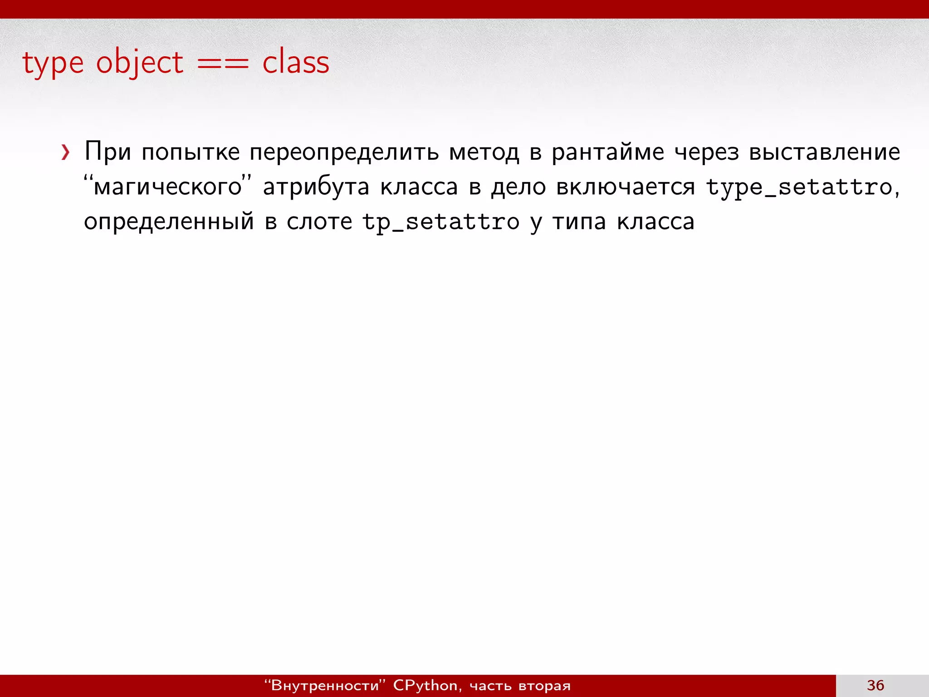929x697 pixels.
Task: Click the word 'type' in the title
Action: pyautogui.click(x=53, y=64)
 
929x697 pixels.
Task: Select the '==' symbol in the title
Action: pyautogui.click(x=223, y=64)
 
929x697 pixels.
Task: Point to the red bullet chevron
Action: pyautogui.click(x=65, y=152)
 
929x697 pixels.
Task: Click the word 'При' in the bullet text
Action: pyautogui.click(x=108, y=152)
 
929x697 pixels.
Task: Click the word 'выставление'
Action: pyautogui.click(x=824, y=152)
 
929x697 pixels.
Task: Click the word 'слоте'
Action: pyautogui.click(x=319, y=221)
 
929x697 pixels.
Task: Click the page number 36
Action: pyautogui.click(x=875, y=685)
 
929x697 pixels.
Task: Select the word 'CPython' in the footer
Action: pyautogui.click(x=425, y=686)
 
